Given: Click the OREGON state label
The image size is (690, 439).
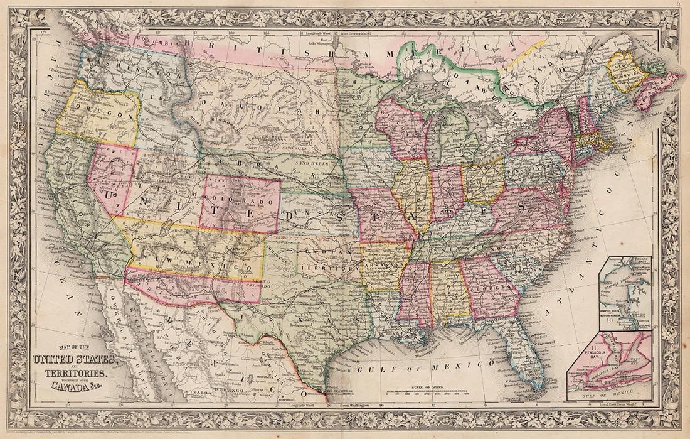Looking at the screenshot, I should tap(97, 116).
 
